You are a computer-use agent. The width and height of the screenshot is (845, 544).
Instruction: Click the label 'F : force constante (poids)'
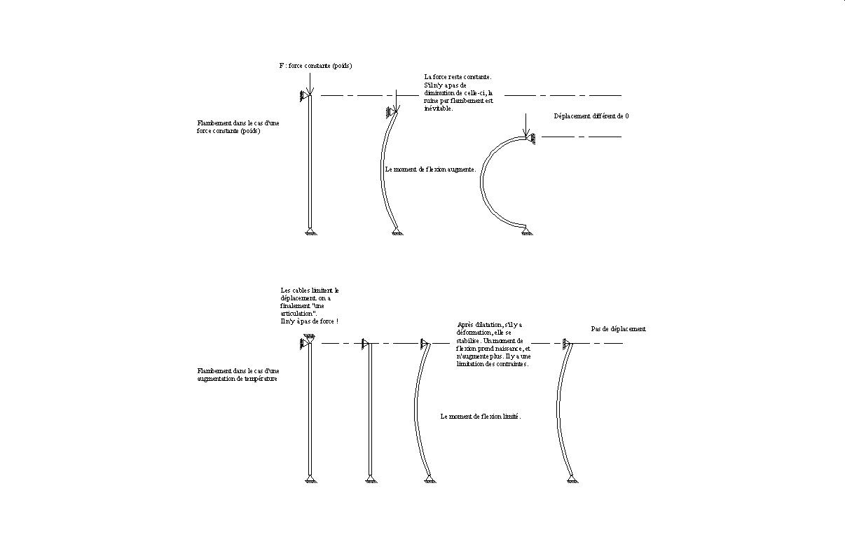pos(315,66)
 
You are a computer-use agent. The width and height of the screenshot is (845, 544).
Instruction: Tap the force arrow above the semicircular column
pos(525,125)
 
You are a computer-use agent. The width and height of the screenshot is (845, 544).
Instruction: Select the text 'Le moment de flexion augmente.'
pos(431,169)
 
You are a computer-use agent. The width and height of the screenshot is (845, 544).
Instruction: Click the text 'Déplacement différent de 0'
pos(591,116)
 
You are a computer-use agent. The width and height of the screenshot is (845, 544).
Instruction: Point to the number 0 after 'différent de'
pos(626,116)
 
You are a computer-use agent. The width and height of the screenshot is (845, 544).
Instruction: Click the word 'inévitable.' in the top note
pos(439,109)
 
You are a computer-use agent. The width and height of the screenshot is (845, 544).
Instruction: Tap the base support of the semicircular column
pos(528,232)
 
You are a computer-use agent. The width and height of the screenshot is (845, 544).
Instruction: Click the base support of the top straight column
pos(309,232)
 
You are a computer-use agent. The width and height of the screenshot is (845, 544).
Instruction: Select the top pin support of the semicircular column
pos(532,139)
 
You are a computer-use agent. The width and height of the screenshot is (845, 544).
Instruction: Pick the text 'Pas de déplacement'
pos(618,329)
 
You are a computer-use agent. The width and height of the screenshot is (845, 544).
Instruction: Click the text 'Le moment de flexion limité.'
pos(481,416)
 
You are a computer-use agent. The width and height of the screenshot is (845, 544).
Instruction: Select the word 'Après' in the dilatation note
pos(466,325)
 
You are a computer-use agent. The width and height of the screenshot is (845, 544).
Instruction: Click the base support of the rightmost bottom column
pos(573,479)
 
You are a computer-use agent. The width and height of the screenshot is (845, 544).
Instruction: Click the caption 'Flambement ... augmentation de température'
pos(238,375)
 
